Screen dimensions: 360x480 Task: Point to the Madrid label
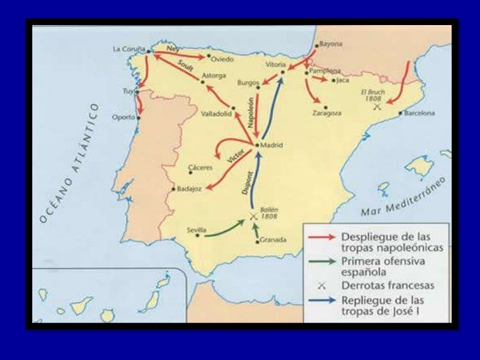[x=272, y=144]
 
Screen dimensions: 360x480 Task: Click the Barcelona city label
[x=420, y=113]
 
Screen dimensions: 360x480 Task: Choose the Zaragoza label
[x=327, y=113]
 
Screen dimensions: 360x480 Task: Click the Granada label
[x=274, y=240]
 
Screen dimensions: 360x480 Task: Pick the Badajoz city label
[x=189, y=189]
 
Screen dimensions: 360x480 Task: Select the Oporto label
[x=123, y=117]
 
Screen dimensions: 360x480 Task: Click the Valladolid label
[x=216, y=113]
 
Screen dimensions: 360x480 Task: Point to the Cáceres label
[x=200, y=167]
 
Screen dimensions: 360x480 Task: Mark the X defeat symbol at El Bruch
[x=376, y=105]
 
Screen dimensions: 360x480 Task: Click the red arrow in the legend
[x=321, y=236]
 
